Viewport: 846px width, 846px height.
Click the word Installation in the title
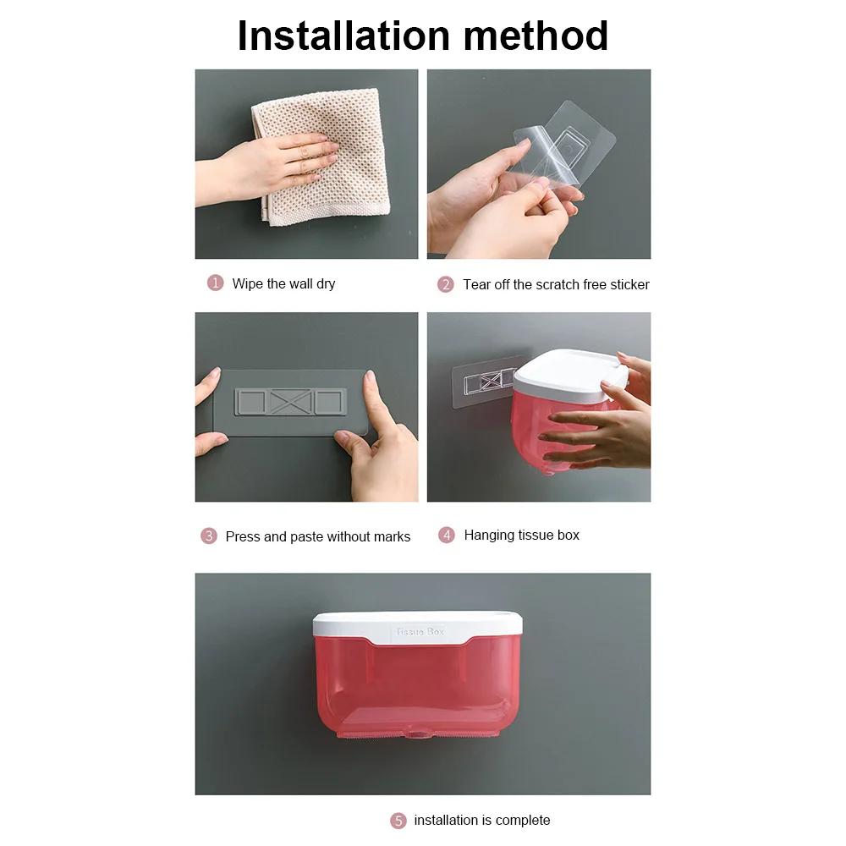pos(343,36)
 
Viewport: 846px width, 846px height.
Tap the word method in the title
pos(536,36)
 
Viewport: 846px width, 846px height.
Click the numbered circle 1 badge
pos(215,283)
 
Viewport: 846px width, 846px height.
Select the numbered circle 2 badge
pos(446,283)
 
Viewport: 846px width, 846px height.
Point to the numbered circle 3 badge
pos(209,536)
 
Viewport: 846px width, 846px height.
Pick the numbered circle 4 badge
pos(447,535)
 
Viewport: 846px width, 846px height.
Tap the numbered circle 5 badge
pos(398,821)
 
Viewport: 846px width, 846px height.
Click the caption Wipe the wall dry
pos(283,283)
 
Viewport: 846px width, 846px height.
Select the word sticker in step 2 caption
pos(629,284)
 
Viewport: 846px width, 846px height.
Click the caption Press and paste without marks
pos(318,536)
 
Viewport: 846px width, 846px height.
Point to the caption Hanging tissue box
pos(522,535)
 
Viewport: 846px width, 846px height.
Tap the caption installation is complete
pos(482,820)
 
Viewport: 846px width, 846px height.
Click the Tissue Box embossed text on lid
pos(420,631)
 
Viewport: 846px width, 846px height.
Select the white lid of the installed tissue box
pos(418,627)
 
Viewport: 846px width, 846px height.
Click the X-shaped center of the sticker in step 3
pos(291,402)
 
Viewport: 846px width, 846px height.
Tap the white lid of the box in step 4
pos(569,372)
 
